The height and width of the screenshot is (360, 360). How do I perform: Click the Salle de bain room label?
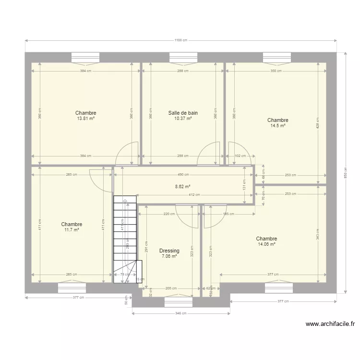point(183,113)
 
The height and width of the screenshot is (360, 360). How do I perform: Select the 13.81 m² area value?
point(85,119)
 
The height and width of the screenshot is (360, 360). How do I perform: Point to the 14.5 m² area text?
point(277,126)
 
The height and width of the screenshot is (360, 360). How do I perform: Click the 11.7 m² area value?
point(72,230)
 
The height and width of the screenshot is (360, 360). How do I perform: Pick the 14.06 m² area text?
point(266,244)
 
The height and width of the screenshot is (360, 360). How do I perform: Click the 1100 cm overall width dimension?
point(180,40)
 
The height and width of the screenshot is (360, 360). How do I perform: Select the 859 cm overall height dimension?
point(345,172)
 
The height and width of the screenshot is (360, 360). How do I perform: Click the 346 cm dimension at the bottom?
point(180,313)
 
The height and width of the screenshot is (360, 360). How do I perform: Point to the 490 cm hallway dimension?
point(183,175)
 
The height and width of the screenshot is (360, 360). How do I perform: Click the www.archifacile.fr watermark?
point(330,324)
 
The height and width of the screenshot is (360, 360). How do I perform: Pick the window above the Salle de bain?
point(183,57)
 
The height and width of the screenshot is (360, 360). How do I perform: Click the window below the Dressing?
point(179,302)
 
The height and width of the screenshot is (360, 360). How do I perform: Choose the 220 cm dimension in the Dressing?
point(169,214)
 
